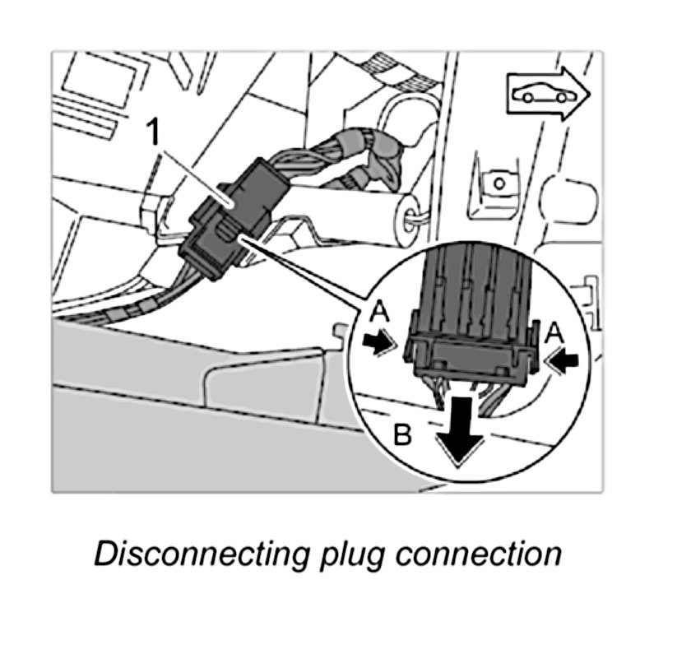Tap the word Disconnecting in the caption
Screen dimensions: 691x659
pos(196,554)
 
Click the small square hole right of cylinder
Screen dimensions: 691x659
pos(496,179)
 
